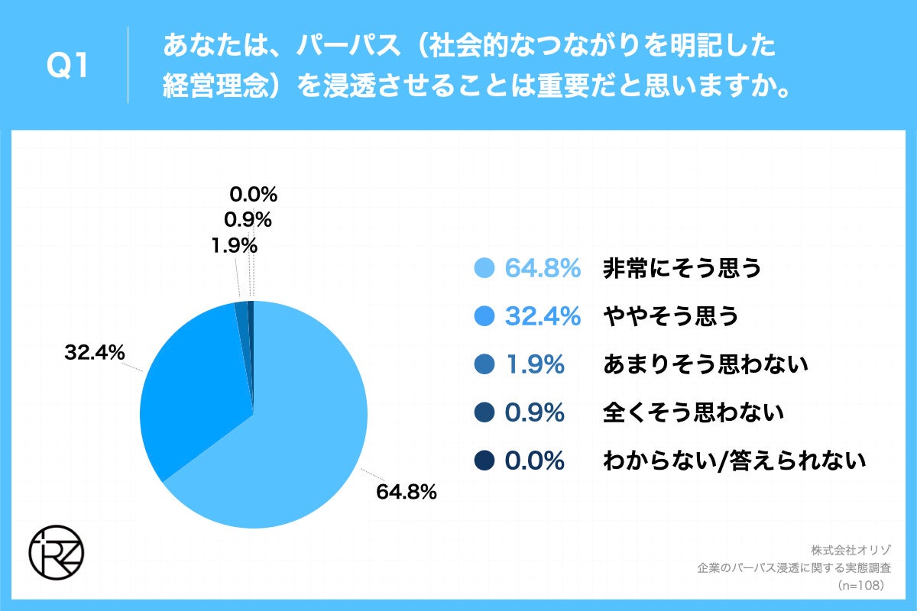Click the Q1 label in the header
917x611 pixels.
tap(68, 66)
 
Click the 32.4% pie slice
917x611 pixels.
tap(195, 374)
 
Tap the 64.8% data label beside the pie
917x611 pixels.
tap(406, 492)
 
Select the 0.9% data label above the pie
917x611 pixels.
tap(248, 220)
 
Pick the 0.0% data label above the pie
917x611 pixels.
tap(253, 194)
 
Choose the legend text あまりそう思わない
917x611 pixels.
tap(705, 365)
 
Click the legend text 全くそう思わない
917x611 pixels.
tap(693, 413)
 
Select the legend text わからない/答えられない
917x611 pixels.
tap(734, 461)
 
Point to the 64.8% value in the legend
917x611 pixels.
tap(543, 268)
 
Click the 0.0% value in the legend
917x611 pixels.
tap(534, 461)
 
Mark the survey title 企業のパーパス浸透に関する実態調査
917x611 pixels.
tap(794, 567)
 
